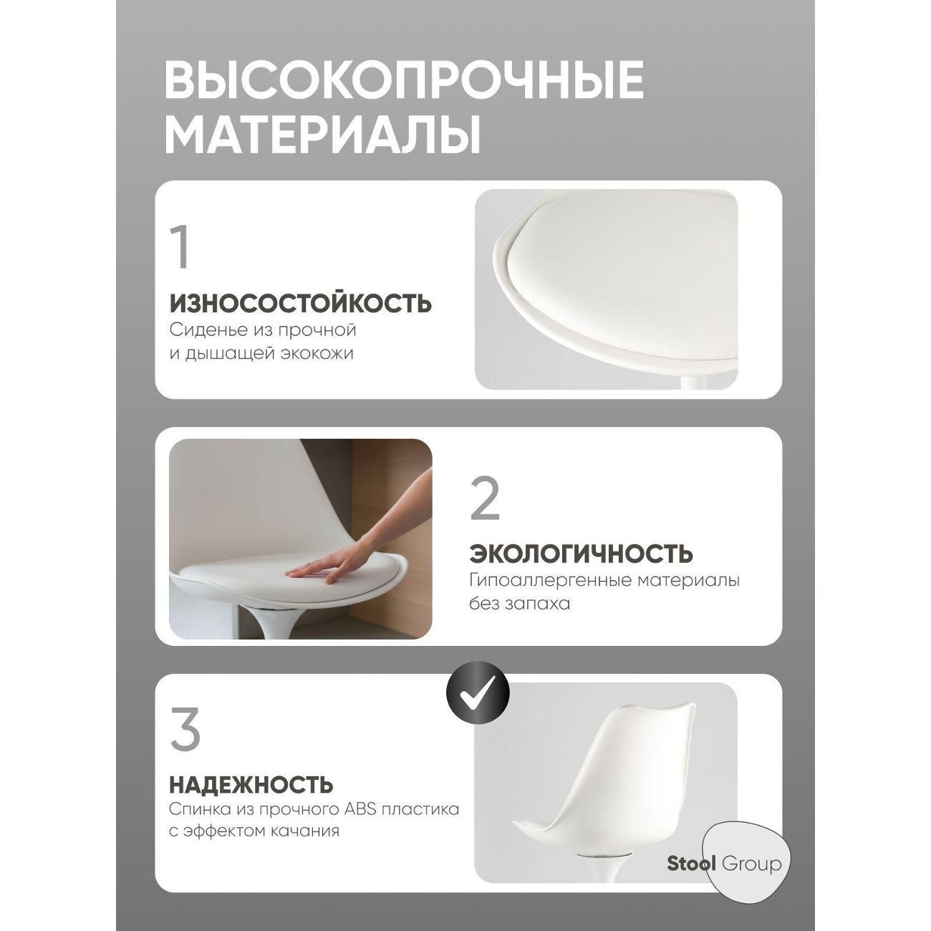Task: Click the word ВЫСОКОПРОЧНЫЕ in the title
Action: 404,80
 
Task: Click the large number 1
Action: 181,248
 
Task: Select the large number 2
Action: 485,498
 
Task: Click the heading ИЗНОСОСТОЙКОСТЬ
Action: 301,303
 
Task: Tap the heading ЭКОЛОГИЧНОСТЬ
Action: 581,554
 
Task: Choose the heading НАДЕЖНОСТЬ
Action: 251,784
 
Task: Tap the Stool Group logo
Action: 724,863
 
